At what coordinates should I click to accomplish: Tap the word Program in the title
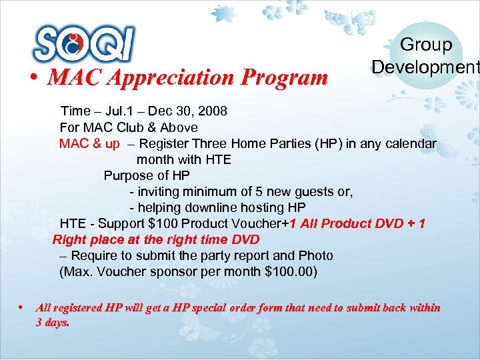point(285,78)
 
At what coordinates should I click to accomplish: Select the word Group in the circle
point(425,45)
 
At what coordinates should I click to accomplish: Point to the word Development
point(425,67)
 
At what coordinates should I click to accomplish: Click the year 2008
point(212,110)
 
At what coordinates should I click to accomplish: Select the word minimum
point(206,191)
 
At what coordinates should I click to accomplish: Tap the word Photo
point(316,255)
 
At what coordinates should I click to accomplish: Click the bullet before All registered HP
point(21,308)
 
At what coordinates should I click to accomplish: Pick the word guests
point(311,191)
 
